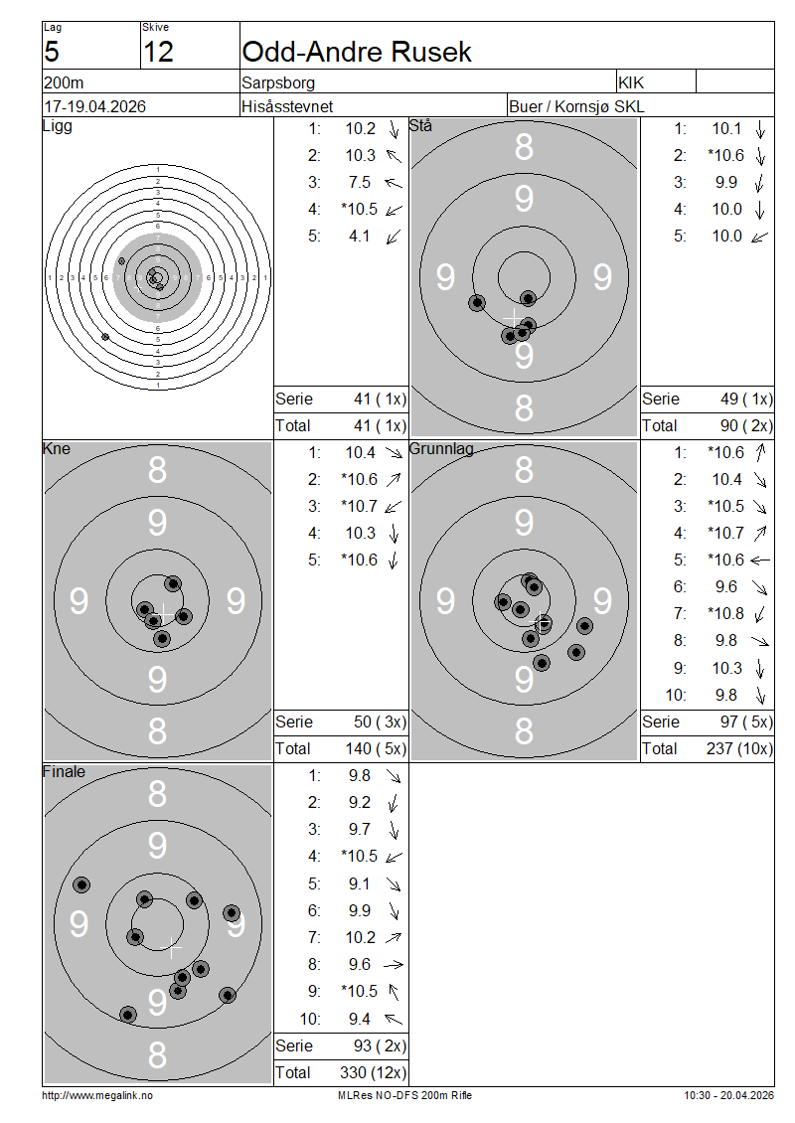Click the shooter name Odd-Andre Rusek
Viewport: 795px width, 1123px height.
(357, 52)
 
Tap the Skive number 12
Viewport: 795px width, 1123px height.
(158, 52)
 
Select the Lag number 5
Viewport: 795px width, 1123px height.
(52, 52)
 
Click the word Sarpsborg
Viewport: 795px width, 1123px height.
(278, 83)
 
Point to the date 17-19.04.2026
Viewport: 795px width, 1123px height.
(94, 106)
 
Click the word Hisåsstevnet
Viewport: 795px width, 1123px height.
(287, 106)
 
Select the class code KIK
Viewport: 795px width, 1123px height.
(631, 83)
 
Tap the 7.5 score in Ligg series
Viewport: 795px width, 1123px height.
(360, 183)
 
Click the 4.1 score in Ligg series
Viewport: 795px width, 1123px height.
(360, 237)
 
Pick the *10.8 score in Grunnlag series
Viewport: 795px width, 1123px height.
(725, 614)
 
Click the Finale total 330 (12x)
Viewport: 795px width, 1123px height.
(373, 1073)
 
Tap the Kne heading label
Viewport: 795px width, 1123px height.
(57, 449)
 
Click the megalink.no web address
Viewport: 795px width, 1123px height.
(97, 1095)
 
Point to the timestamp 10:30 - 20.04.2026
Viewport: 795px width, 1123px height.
(729, 1095)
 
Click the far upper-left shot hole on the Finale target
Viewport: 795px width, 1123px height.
(81, 884)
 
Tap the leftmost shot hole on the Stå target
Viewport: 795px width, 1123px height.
(477, 303)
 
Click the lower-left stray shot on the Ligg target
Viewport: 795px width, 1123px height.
(105, 337)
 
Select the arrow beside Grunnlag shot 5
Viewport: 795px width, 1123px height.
(760, 561)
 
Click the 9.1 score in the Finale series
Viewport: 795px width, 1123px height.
(360, 884)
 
